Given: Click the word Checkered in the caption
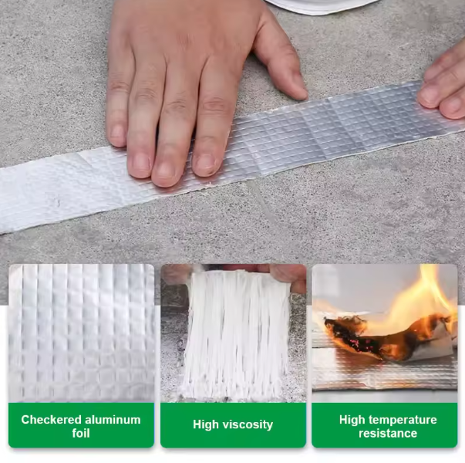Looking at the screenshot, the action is coord(51,420).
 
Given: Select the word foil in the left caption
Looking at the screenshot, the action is coord(81,433).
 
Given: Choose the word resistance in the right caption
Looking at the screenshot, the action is coord(388,434).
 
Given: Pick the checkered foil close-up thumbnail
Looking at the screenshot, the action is coord(81,333).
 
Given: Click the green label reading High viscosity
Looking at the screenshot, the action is coord(233,425).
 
